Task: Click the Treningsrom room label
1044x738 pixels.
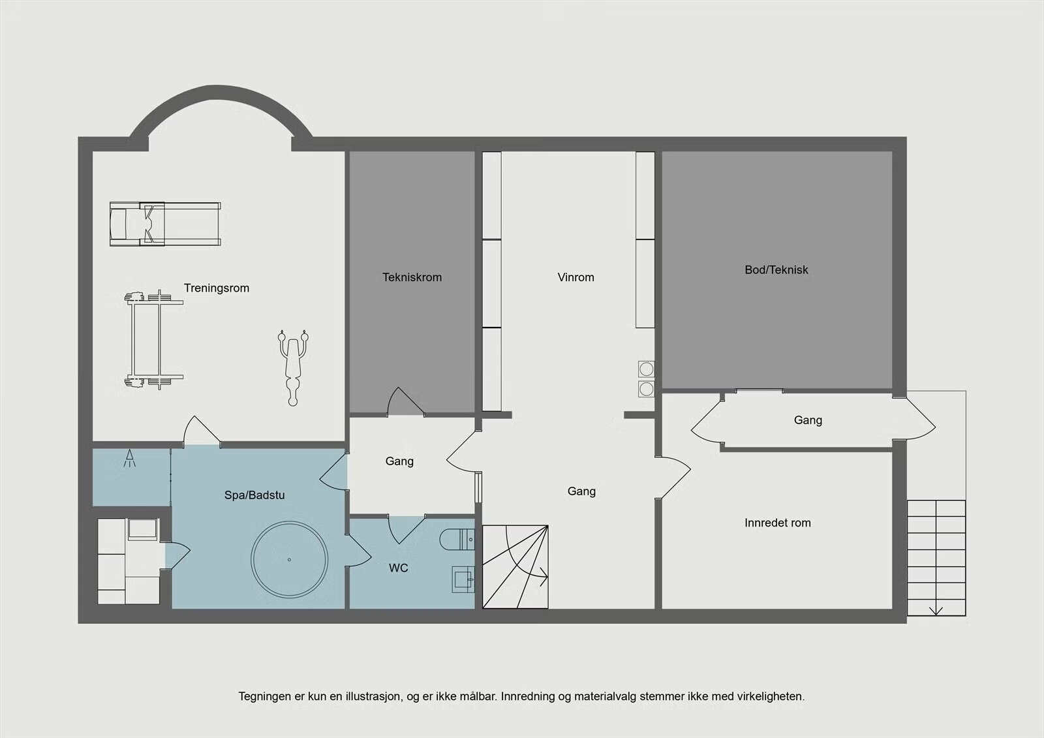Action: click(216, 288)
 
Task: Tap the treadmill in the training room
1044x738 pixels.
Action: click(165, 224)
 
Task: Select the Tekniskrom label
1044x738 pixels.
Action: click(412, 277)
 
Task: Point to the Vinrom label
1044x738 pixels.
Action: click(576, 277)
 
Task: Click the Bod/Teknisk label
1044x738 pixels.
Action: click(776, 270)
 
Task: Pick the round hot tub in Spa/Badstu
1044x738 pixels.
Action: click(290, 559)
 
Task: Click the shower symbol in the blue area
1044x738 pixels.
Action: click(130, 458)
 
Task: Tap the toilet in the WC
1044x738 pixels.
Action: click(457, 540)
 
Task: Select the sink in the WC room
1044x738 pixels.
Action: click(463, 579)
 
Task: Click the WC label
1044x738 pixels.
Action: click(399, 568)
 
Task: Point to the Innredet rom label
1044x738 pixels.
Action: click(777, 523)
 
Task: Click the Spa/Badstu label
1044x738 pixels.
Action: click(254, 495)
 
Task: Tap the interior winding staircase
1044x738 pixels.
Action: click(515, 567)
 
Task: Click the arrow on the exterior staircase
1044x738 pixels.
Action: click(936, 611)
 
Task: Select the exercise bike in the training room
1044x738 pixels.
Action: click(293, 367)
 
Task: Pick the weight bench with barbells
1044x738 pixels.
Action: click(154, 339)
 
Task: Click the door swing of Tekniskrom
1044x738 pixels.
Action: click(405, 401)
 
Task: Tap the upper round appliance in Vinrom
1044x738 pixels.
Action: click(646, 369)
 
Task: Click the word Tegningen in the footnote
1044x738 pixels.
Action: click(265, 697)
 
